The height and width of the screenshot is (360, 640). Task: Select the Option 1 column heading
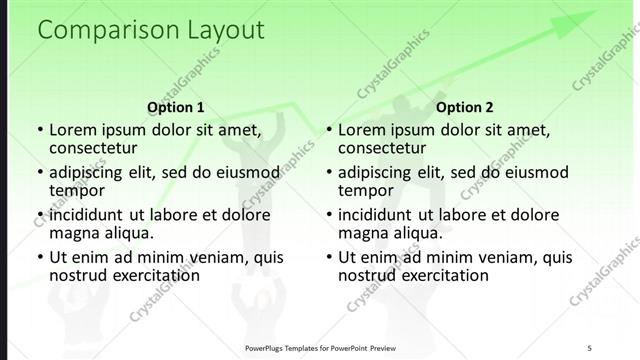tap(175, 107)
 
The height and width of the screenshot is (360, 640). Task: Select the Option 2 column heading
tap(465, 107)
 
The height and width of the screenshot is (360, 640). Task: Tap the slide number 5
tap(589, 348)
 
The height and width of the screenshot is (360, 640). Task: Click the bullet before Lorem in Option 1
tap(39, 130)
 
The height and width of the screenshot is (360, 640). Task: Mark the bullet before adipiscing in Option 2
tap(328, 173)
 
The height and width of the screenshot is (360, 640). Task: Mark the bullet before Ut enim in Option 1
tap(39, 258)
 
